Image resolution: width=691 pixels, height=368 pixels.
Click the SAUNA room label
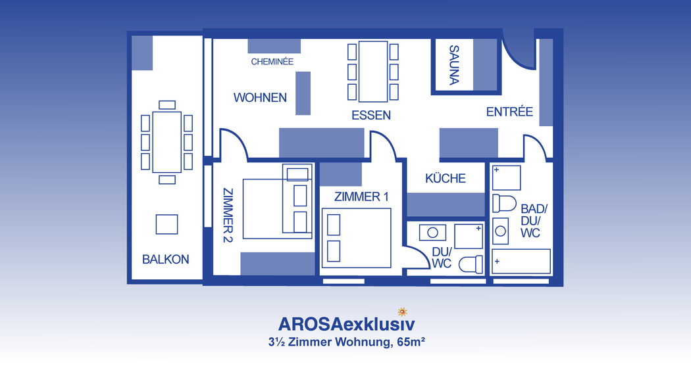tap(454, 65)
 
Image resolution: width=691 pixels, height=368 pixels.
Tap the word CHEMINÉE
tap(272, 62)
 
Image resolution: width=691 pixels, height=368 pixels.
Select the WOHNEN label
tap(260, 97)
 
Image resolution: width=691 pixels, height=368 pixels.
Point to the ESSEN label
tap(371, 116)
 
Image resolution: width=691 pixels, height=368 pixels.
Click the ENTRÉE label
tap(509, 112)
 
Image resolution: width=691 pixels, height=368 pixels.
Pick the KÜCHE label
tap(446, 178)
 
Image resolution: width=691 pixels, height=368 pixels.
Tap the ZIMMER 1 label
tap(361, 196)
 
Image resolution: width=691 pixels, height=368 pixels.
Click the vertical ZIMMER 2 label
tap(228, 216)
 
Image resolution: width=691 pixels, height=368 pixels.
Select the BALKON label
tap(166, 260)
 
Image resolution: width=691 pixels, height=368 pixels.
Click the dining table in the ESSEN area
tap(373, 72)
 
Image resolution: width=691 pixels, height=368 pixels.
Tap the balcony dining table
tap(167, 142)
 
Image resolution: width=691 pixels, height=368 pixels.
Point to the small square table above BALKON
tap(166, 225)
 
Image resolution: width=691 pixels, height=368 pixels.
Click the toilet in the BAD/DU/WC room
tap(504, 203)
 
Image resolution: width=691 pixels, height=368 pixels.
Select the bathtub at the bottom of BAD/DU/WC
tap(521, 262)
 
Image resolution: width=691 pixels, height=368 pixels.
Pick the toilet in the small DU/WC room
tap(471, 265)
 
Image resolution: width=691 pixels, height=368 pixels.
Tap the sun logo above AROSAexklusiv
tap(402, 311)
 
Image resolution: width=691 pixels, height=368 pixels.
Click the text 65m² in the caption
tap(411, 342)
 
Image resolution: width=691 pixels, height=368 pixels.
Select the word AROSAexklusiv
tap(346, 325)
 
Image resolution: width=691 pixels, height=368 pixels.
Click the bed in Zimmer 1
tap(357, 238)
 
